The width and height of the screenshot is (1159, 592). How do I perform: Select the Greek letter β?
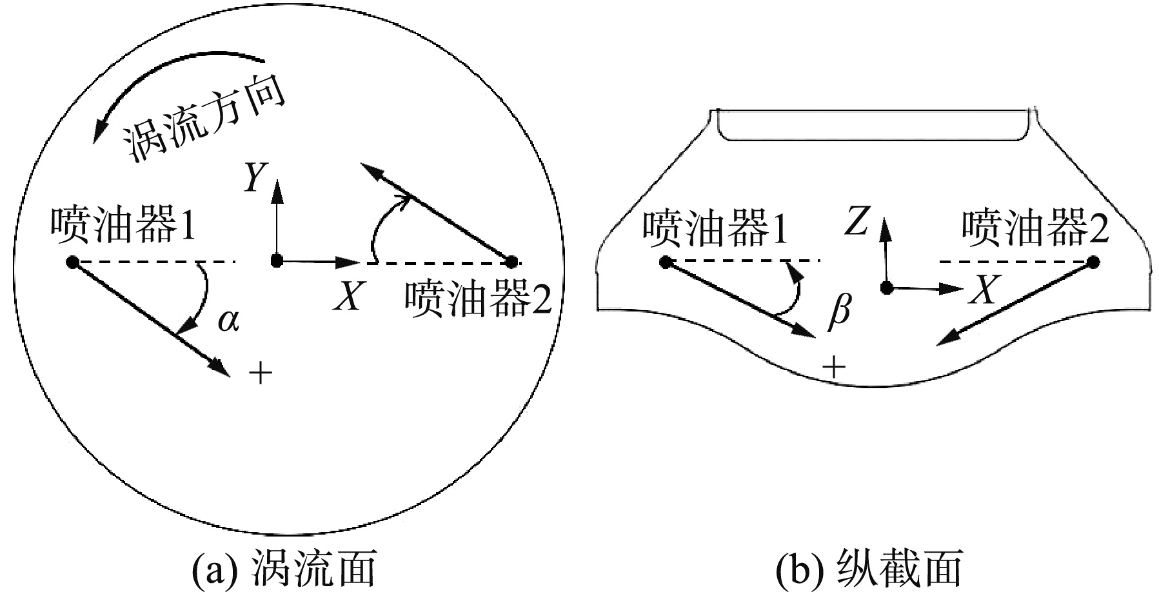pos(838,313)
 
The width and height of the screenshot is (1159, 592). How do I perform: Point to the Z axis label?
pos(857,222)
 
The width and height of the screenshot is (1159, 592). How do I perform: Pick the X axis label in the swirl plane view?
pos(349,297)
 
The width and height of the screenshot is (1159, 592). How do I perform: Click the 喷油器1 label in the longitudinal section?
pos(715,228)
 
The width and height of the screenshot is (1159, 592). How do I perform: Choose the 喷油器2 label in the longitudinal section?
pos(1035,228)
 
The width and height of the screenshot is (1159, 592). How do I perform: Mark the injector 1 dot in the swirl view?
pos(72,262)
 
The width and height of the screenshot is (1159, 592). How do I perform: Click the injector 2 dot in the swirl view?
pos(511,262)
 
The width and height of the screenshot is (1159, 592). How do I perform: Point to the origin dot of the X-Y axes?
pos(277,261)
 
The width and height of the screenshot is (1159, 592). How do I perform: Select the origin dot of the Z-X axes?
pos(887,287)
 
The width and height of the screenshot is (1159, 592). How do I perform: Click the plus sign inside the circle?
pos(260,372)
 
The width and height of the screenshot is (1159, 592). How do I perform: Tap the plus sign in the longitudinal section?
pos(834,368)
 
